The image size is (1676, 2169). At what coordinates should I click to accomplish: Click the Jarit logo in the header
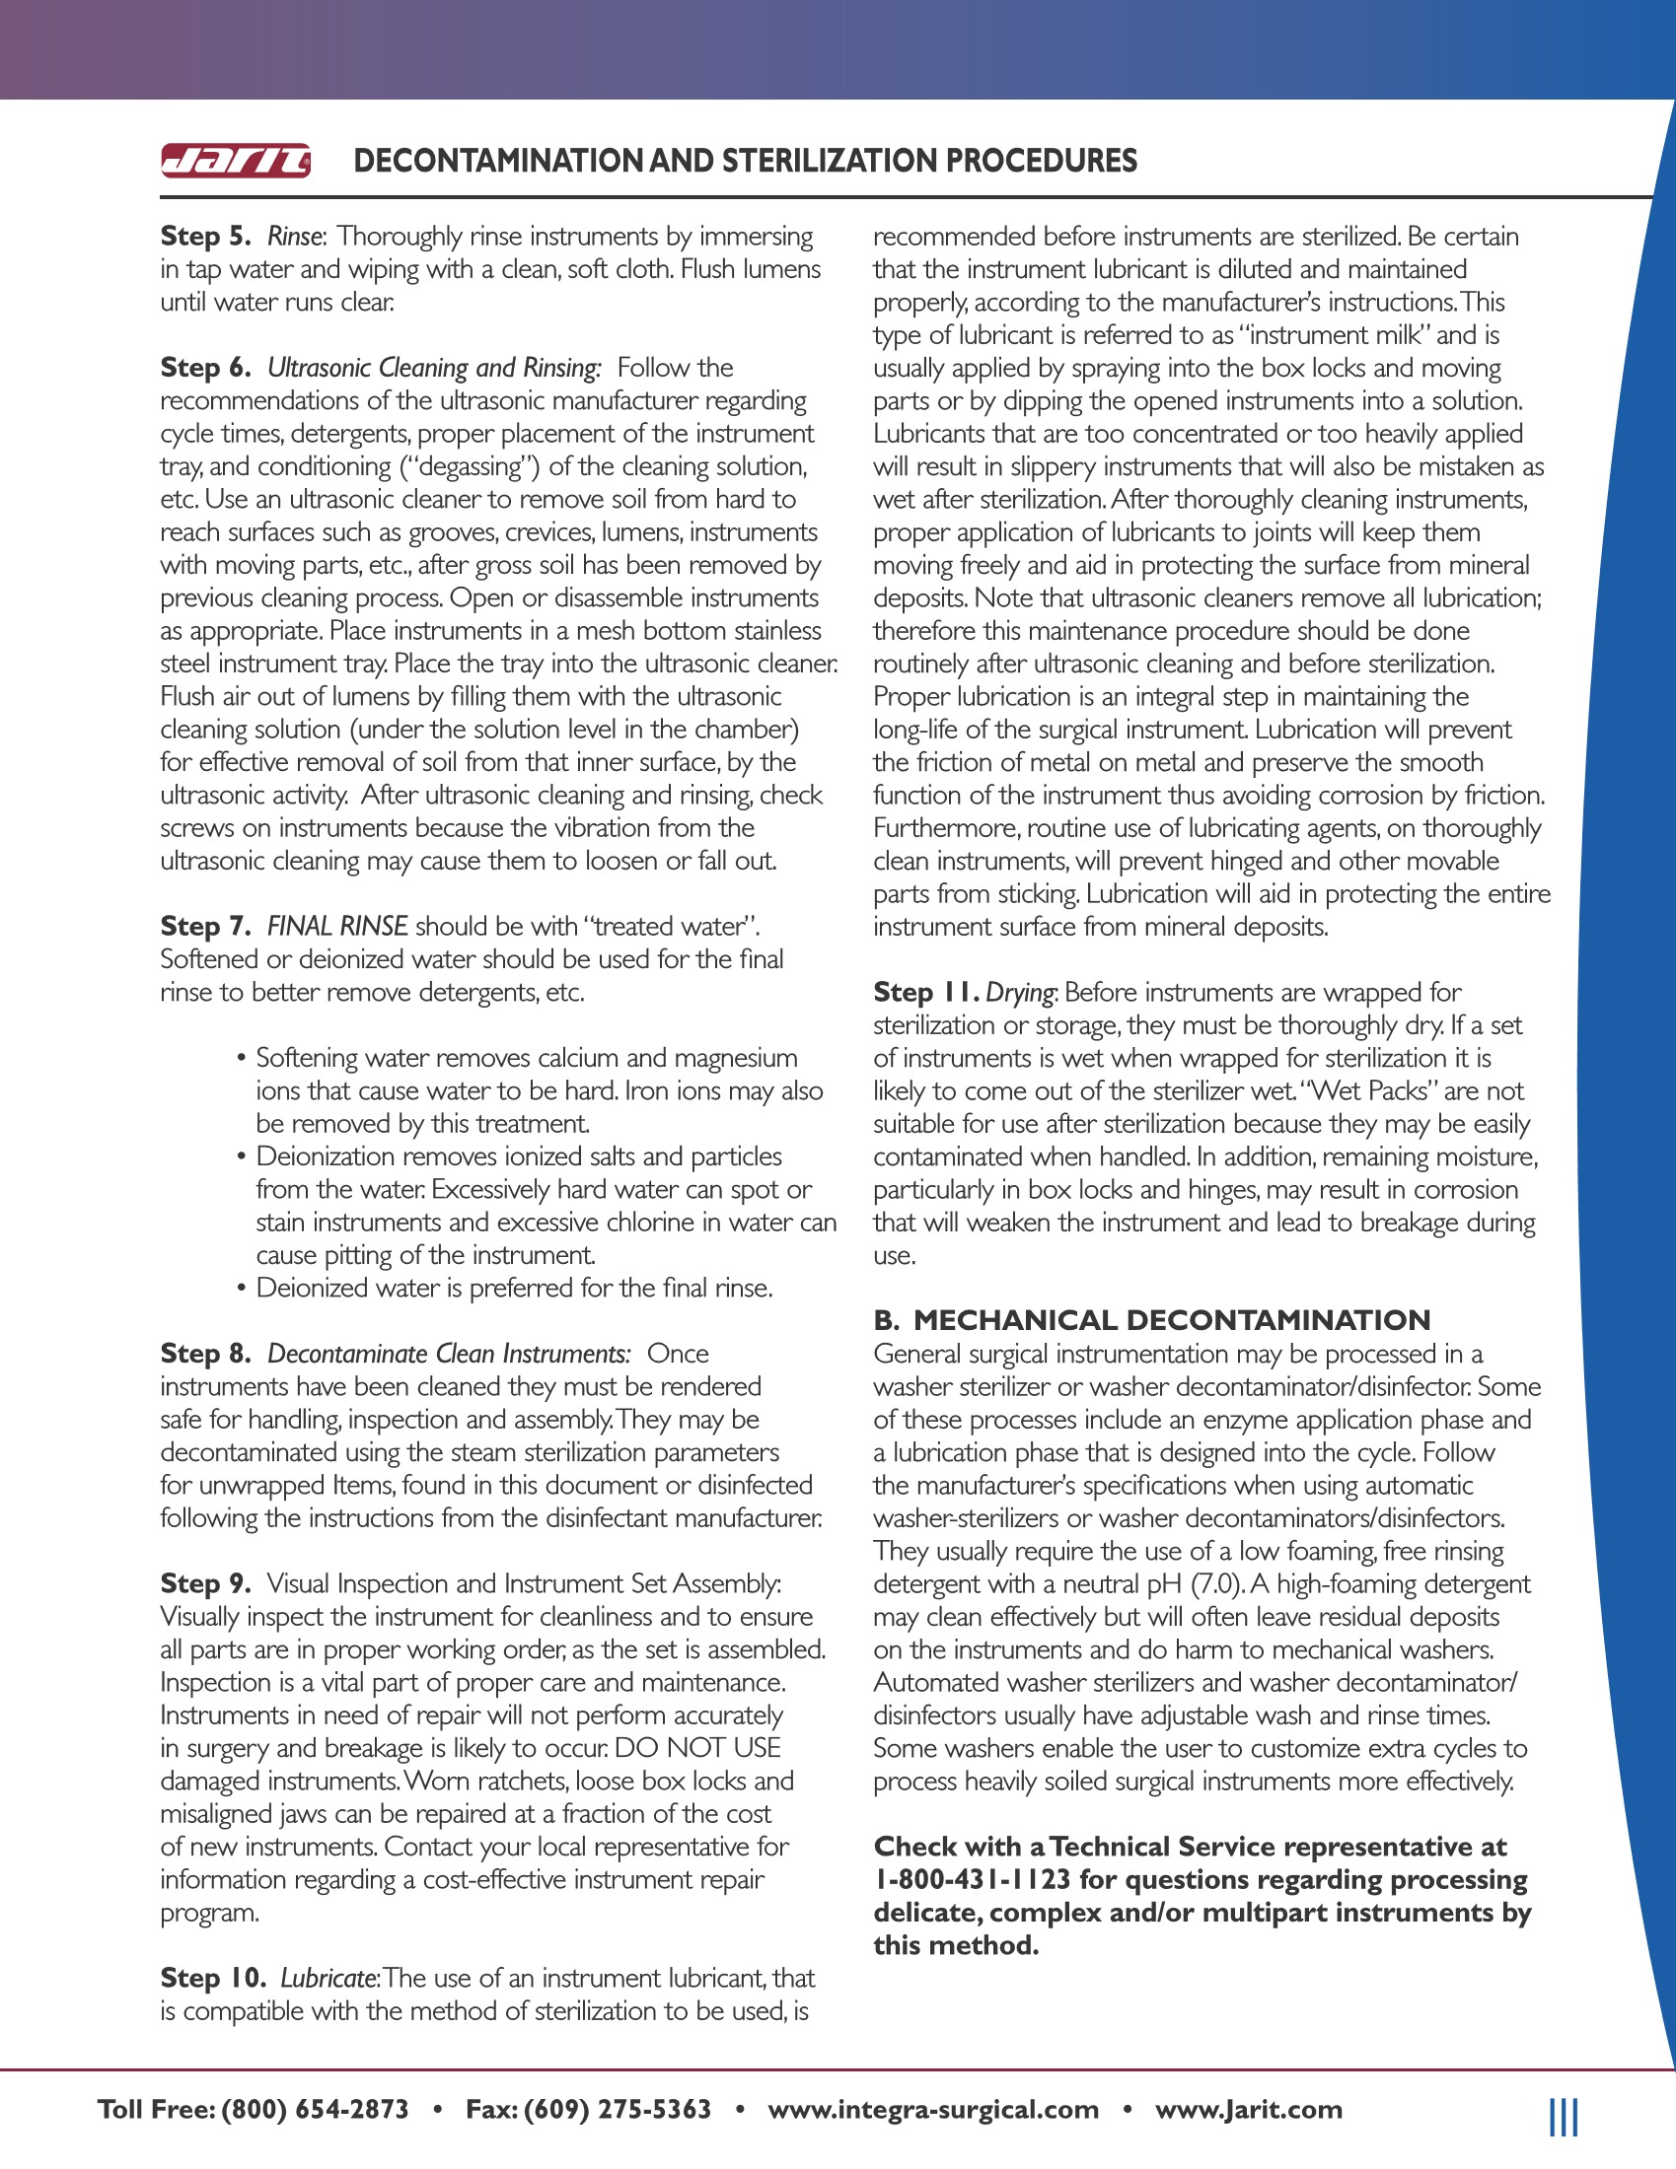click(236, 161)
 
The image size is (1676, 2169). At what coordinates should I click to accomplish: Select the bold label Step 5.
click(205, 237)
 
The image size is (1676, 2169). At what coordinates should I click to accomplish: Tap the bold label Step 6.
click(205, 368)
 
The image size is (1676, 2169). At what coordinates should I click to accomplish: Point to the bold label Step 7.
click(205, 926)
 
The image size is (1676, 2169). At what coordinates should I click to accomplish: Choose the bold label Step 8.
click(205, 1353)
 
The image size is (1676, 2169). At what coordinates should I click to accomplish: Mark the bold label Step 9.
click(205, 1583)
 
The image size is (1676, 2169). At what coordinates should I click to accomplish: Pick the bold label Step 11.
click(926, 991)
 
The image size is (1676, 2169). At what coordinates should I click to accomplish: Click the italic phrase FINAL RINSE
click(337, 926)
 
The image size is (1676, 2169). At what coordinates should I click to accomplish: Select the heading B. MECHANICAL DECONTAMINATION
click(1151, 1320)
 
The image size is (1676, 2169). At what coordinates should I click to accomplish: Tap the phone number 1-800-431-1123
click(972, 1879)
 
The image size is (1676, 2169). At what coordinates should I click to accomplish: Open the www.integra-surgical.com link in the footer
click(933, 2109)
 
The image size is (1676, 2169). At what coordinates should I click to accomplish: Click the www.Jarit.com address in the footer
click(1248, 2109)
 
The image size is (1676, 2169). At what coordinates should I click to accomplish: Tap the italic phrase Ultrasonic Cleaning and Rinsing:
click(434, 368)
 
